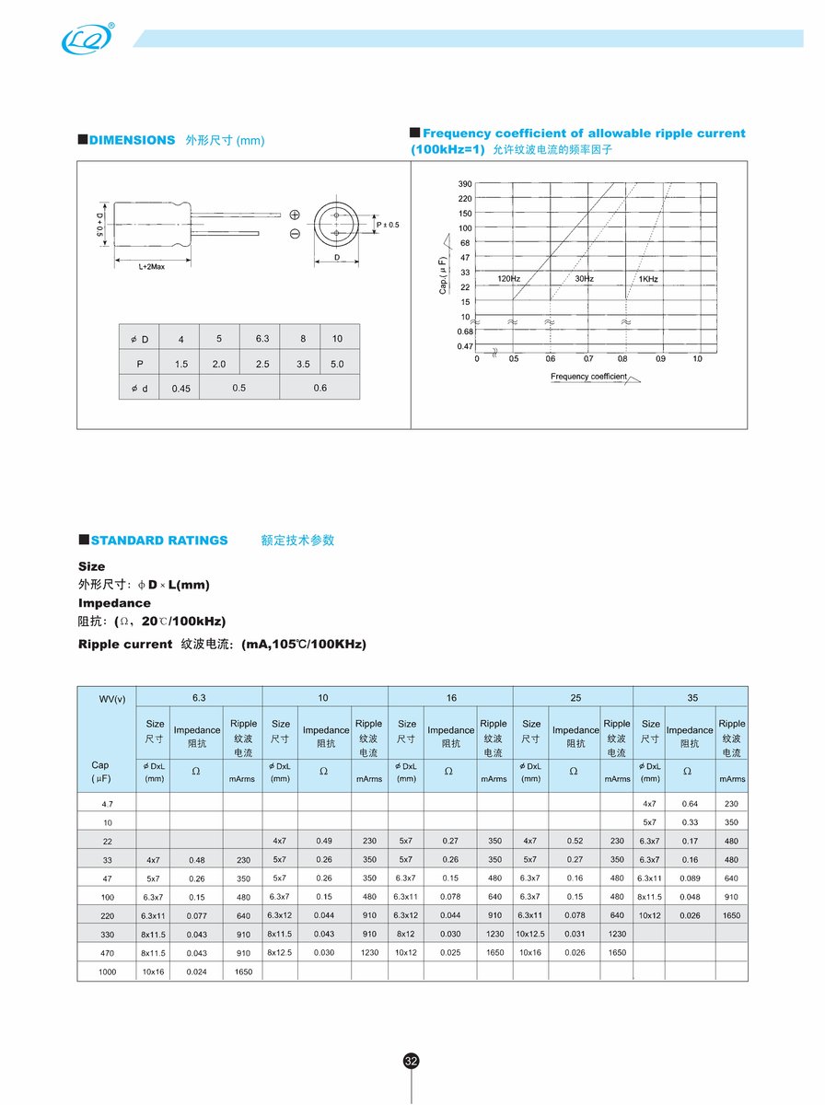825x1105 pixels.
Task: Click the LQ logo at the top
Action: pos(87,39)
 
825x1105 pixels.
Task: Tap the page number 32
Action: pos(412,1061)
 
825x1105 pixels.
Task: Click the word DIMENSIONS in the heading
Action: pos(133,140)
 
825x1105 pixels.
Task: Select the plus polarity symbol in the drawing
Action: pos(295,215)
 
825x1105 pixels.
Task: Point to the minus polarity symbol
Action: pos(295,234)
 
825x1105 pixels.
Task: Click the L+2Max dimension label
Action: pos(151,267)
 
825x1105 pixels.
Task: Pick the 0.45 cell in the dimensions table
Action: pos(180,389)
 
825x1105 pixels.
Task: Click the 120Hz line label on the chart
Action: pos(509,278)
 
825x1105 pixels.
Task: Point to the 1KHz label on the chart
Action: pos(647,278)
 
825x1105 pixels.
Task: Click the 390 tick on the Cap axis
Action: pos(465,184)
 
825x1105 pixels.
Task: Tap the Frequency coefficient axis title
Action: pos(589,377)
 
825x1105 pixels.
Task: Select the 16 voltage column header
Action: pos(450,698)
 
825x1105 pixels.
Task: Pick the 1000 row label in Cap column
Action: pos(109,971)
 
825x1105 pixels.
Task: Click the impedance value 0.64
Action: pos(690,804)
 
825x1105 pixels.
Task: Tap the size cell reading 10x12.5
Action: pos(530,934)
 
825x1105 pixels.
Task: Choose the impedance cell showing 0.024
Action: pos(196,971)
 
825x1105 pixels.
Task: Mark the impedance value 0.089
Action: pos(690,878)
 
